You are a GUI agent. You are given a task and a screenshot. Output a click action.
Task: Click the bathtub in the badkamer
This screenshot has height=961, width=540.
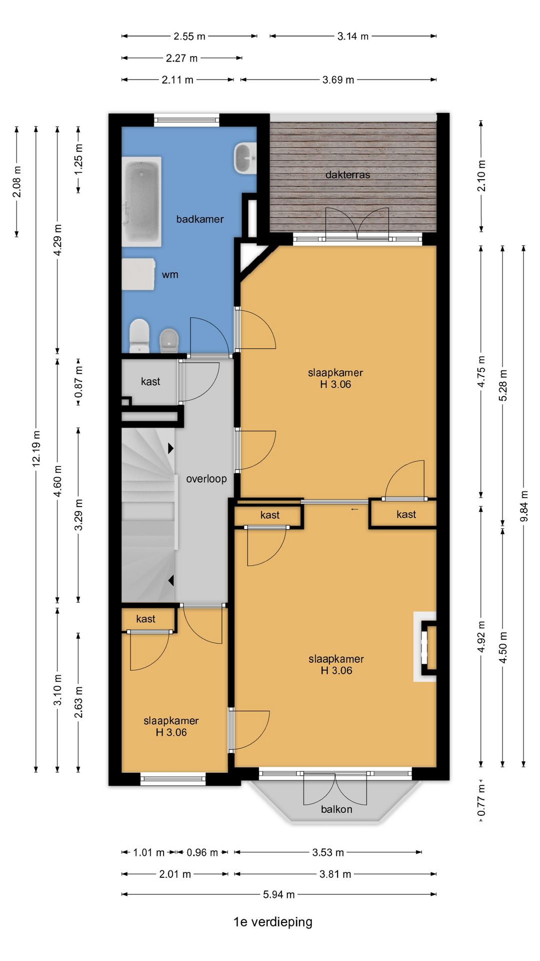click(x=142, y=201)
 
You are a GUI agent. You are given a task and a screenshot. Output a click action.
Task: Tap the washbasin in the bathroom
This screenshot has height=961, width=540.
click(x=245, y=158)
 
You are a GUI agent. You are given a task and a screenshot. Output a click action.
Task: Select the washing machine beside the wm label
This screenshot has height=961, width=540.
click(x=138, y=274)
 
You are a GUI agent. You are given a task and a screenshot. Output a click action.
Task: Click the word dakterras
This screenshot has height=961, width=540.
click(x=347, y=175)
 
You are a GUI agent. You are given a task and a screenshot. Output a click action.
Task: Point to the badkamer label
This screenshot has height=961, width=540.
click(x=200, y=219)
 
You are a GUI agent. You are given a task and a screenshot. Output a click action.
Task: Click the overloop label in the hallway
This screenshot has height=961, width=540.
click(x=206, y=479)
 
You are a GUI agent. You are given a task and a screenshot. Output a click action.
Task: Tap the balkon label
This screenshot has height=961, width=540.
click(x=336, y=809)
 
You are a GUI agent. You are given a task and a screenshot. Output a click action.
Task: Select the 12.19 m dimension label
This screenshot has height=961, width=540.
click(x=36, y=448)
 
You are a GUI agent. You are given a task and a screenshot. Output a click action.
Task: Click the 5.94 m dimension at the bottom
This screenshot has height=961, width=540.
click(x=279, y=894)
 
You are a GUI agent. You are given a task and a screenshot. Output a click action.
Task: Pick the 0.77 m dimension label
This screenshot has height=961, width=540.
click(x=481, y=800)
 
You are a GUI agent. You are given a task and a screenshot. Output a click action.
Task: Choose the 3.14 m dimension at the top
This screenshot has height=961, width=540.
click(x=353, y=36)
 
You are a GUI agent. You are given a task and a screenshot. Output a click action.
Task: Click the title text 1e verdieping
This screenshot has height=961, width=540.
click(x=273, y=922)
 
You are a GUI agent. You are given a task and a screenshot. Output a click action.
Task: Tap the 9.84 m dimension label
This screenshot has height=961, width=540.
click(x=524, y=506)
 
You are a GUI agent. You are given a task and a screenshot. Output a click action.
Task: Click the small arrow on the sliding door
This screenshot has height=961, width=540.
click(x=355, y=510)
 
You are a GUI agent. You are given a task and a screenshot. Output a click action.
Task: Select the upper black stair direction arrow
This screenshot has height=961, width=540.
click(x=170, y=448)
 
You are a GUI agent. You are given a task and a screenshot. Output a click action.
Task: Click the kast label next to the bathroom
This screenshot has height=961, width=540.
click(x=150, y=381)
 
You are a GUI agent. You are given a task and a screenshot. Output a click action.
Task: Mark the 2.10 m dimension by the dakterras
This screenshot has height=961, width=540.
click(x=481, y=176)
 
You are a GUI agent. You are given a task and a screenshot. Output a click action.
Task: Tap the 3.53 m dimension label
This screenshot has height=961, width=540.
click(x=328, y=852)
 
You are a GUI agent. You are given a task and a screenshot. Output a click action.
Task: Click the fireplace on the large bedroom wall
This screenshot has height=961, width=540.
click(x=425, y=647)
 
